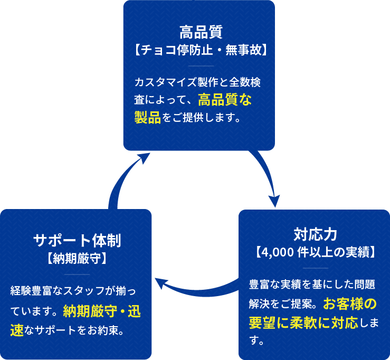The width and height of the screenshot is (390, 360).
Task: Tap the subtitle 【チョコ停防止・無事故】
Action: [199, 51]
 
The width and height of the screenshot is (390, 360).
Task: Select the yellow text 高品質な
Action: [225, 99]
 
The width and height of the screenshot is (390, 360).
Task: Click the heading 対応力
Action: [315, 234]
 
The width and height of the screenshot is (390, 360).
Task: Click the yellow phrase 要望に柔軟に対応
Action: [303, 322]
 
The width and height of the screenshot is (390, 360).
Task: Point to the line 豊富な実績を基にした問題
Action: [312, 285]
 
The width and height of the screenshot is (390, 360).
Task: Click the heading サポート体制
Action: [77, 241]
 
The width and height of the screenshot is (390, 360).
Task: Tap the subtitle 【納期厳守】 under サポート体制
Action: [77, 259]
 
